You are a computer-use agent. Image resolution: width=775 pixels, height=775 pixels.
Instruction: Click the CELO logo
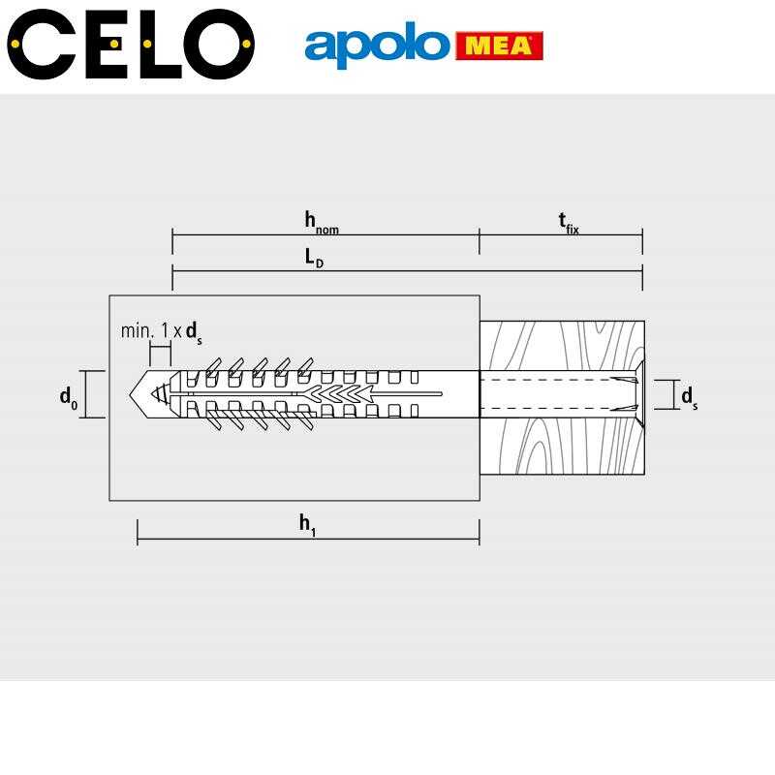(x=131, y=44)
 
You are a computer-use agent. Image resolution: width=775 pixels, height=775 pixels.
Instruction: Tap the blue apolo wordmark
(x=377, y=45)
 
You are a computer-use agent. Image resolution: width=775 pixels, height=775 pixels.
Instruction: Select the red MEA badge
(x=499, y=46)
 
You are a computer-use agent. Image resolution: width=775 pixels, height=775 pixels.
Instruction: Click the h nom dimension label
(x=322, y=223)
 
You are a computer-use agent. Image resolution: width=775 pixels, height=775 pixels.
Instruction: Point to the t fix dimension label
(x=569, y=223)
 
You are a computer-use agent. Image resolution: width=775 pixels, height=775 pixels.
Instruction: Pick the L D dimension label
(x=314, y=258)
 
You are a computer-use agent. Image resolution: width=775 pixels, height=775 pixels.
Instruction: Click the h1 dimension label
(x=307, y=525)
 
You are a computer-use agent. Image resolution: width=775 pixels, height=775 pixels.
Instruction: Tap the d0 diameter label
(x=69, y=397)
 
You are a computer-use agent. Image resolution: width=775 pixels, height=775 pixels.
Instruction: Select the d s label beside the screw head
(x=690, y=397)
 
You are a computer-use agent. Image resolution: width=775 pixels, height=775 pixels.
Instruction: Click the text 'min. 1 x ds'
(x=162, y=331)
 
